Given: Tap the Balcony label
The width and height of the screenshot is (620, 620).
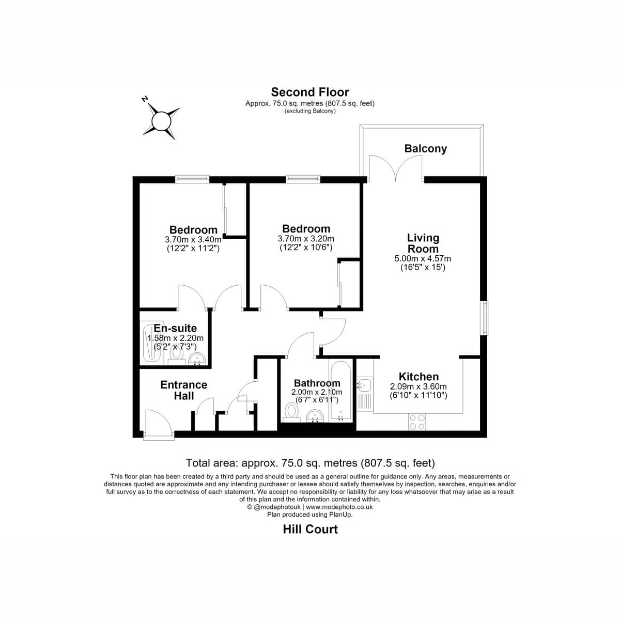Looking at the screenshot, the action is point(425,148).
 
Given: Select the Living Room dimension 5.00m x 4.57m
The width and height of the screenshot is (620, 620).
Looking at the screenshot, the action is point(423,258).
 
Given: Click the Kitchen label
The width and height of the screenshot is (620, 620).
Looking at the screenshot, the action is point(419,376).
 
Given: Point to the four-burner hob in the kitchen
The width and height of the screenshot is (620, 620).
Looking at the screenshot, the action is point(417,422).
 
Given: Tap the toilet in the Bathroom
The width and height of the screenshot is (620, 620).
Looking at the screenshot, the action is point(291,412).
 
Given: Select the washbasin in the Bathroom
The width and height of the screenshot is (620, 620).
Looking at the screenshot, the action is point(315,416).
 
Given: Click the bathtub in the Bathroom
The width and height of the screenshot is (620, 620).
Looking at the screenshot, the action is point(340,392).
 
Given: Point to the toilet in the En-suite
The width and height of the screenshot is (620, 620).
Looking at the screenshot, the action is point(176,356).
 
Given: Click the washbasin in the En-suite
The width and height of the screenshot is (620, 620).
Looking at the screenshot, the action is point(197,359).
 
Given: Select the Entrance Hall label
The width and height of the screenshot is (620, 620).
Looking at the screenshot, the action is point(184,390).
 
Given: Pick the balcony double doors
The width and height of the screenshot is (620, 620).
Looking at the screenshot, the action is point(395,167).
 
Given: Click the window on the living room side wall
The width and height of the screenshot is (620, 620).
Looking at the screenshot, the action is point(484,318).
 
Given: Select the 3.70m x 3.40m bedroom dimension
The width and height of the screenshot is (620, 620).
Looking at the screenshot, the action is point(193,239).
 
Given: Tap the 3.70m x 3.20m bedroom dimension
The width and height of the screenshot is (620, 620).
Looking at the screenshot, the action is point(306,239).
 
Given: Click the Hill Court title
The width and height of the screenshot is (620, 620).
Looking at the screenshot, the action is point(310,529).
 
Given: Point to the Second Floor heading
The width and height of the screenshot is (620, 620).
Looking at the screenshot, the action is point(310,92).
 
